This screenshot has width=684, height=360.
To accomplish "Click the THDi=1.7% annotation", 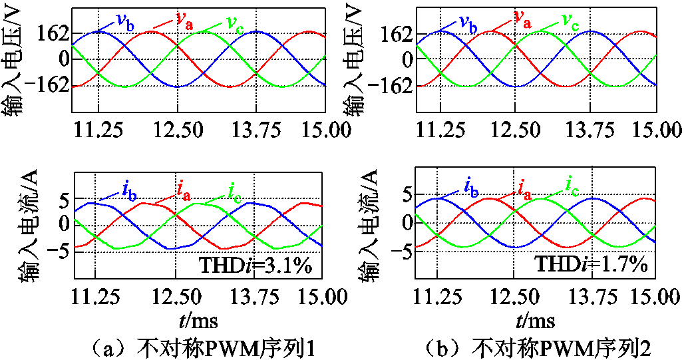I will pyautogui.click(x=592, y=266).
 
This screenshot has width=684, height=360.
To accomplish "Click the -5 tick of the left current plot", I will pyautogui.click(x=57, y=250).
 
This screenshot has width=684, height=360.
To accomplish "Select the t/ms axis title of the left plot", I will pyautogui.click(x=198, y=322).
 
